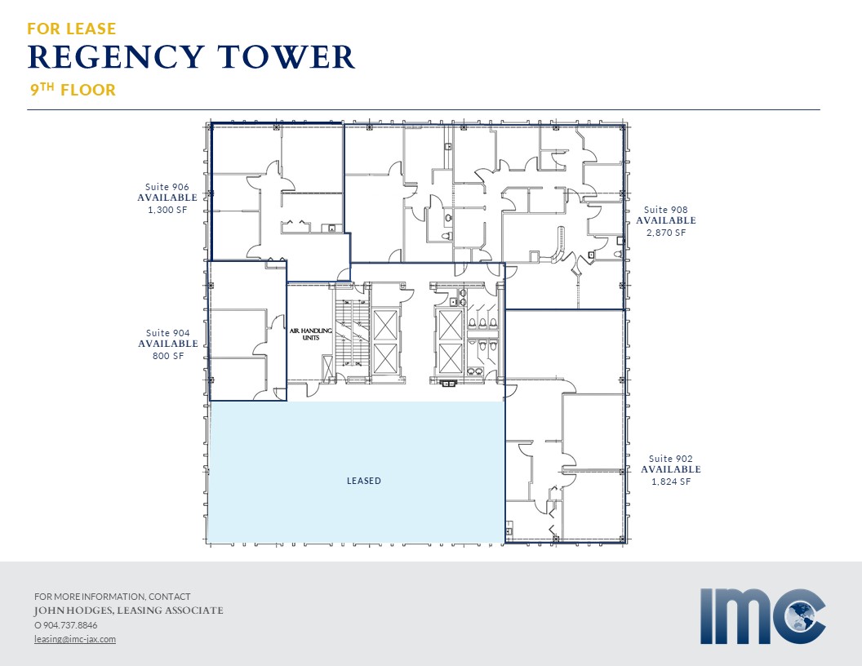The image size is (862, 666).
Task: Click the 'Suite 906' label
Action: click(x=167, y=187)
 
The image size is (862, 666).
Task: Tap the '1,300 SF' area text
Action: click(x=167, y=210)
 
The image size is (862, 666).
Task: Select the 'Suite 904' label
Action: click(x=167, y=333)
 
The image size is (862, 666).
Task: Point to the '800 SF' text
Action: click(x=168, y=356)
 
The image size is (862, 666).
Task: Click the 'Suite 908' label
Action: click(x=666, y=210)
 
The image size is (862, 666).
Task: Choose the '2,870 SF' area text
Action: click(x=666, y=233)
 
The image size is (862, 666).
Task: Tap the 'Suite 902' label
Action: click(x=671, y=459)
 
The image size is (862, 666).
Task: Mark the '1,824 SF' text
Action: click(x=671, y=482)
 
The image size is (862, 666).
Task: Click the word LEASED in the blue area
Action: click(x=364, y=481)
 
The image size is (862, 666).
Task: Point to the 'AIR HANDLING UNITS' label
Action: click(x=311, y=334)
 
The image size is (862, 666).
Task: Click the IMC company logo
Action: click(x=763, y=616)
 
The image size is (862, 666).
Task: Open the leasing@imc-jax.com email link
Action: click(x=75, y=639)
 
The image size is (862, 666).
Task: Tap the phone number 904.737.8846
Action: click(x=70, y=625)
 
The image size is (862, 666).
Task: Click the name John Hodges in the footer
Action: click(x=73, y=610)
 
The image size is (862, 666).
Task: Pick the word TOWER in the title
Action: click(x=286, y=57)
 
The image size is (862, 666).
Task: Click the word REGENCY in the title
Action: click(x=116, y=57)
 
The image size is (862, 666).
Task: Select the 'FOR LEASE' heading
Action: click(x=72, y=29)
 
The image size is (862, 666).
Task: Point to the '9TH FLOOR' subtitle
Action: click(x=73, y=90)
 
